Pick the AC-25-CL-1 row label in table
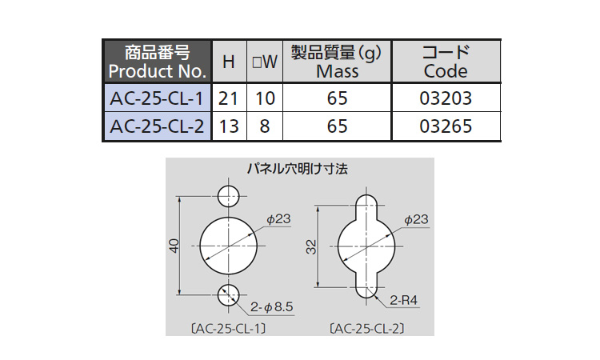pyautogui.click(x=157, y=100)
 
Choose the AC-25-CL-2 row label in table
pyautogui.click(x=157, y=126)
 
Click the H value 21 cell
pyautogui.click(x=228, y=100)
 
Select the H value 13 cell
pyautogui.click(x=228, y=126)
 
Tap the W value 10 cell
pyautogui.click(x=264, y=100)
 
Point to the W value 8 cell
pyautogui.click(x=264, y=126)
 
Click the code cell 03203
pyautogui.click(x=446, y=100)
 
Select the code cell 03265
pyautogui.click(x=446, y=126)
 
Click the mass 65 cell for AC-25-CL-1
pyautogui.click(x=337, y=100)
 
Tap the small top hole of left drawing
pyautogui.click(x=230, y=195)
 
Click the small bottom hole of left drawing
pyautogui.click(x=230, y=294)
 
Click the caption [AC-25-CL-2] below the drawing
pyautogui.click(x=365, y=328)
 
